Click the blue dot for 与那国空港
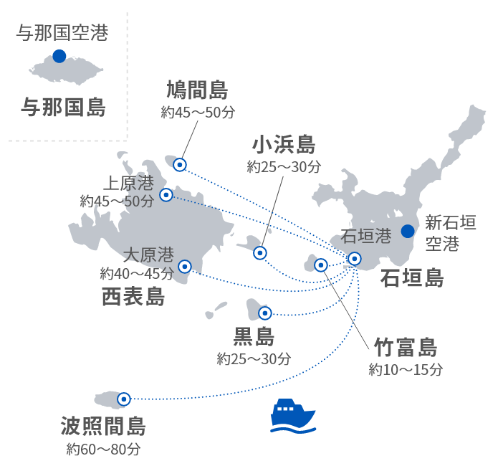(x=59, y=56)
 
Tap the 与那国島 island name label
(x=63, y=108)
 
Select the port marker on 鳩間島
(x=180, y=165)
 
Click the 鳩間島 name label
(x=198, y=91)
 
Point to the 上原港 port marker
(x=166, y=194)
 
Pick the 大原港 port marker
(x=184, y=266)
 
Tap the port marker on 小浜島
(x=260, y=252)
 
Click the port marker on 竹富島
(x=321, y=265)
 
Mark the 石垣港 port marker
(x=354, y=258)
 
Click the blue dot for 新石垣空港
(x=408, y=231)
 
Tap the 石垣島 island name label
(x=411, y=278)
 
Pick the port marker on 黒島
(x=264, y=313)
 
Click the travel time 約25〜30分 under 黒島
(x=254, y=358)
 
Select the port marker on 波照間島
(x=124, y=399)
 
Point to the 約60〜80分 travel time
(x=104, y=450)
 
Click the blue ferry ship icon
(x=293, y=417)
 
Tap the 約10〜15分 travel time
(x=406, y=370)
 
